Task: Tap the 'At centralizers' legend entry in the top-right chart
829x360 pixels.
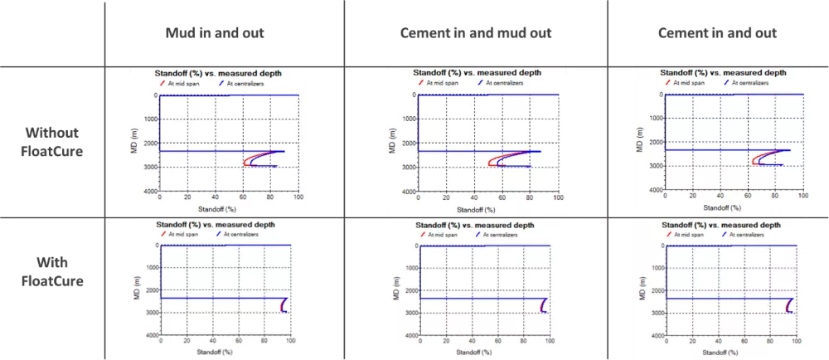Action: pos(754,82)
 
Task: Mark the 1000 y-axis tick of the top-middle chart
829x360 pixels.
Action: pos(405,119)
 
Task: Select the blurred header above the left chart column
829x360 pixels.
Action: pos(216,33)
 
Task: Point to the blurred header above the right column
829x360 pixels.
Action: pos(719,33)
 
